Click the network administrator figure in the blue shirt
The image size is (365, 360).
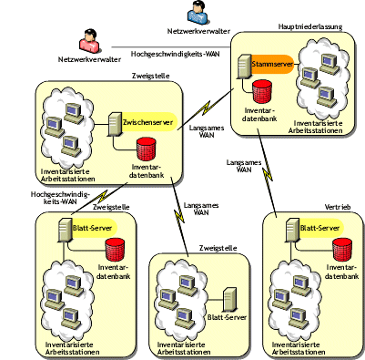(x=196, y=13)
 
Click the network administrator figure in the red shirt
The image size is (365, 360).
(x=88, y=41)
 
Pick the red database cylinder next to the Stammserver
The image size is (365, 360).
(x=262, y=91)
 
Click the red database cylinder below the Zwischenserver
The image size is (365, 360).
(x=145, y=150)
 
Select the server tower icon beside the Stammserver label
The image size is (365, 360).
(x=244, y=70)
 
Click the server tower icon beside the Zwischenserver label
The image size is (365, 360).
(x=116, y=127)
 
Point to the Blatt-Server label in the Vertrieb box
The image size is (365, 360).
(x=319, y=228)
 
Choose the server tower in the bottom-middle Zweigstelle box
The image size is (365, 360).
(x=231, y=296)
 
